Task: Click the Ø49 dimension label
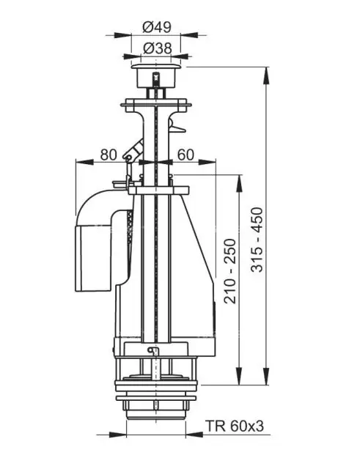coord(157,28)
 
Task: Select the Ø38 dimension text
coord(158,48)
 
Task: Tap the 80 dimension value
coord(108,155)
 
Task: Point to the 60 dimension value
coord(185,155)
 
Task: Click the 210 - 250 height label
coord(230,271)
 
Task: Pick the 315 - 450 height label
coord(257,240)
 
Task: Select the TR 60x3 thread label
coord(235,426)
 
